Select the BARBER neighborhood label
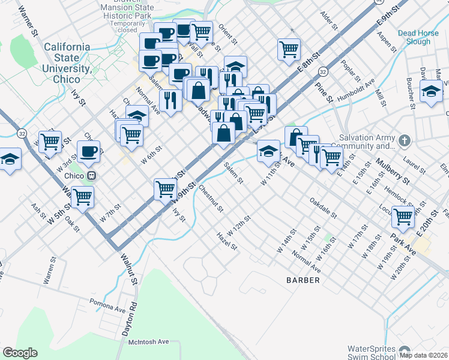[303, 280]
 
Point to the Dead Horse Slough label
[422, 38]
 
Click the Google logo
[20, 353]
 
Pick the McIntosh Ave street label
[149, 341]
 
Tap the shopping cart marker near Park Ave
[403, 216]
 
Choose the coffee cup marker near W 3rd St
[89, 151]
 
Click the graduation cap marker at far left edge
[10, 160]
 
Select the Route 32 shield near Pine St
[322, 71]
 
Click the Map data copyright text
[423, 355]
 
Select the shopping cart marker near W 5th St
[82, 196]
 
